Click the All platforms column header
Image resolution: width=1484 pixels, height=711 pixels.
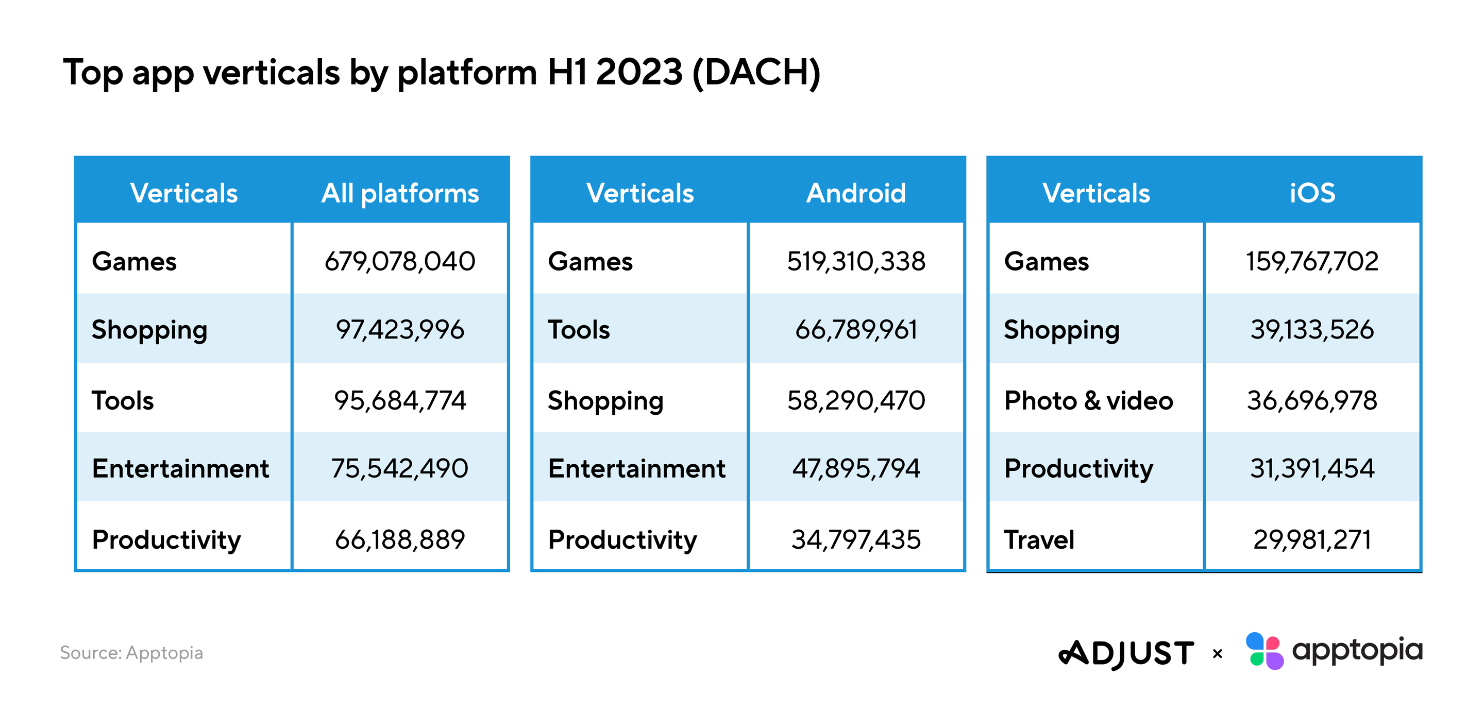[x=400, y=193]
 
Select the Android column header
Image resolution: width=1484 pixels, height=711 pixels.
[x=855, y=193]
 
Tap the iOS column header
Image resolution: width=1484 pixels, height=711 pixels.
[x=1312, y=193]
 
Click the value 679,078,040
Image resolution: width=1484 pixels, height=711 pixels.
[x=400, y=261]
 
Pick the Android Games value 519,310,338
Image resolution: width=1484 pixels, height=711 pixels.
[x=856, y=261]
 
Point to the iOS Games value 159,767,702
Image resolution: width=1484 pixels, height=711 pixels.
[x=1312, y=261]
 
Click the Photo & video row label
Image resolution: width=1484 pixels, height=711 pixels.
[x=1088, y=400]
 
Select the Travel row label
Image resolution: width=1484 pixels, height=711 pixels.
[x=1039, y=540]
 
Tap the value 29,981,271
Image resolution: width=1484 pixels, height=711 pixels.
[x=1312, y=540]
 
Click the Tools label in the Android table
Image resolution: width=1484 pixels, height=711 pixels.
[x=578, y=330]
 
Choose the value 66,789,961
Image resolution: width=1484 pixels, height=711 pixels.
[x=856, y=330]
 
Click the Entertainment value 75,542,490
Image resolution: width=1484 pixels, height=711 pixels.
[x=400, y=468]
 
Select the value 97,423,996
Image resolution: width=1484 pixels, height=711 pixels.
[x=400, y=330]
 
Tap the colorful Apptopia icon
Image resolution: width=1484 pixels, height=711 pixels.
[x=1264, y=651]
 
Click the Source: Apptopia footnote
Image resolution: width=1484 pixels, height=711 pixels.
[x=131, y=653]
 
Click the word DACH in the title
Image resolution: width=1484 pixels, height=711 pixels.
[x=756, y=73]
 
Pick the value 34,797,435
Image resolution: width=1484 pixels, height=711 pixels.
[x=856, y=540]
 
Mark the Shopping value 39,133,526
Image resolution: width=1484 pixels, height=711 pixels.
[x=1312, y=330]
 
